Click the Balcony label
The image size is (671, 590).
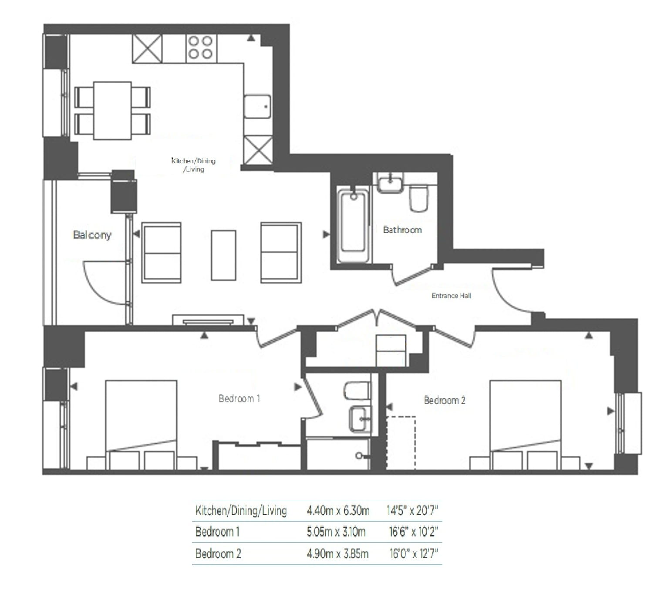(x=92, y=235)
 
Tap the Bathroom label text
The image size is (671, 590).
(x=402, y=229)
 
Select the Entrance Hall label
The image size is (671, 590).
(x=451, y=296)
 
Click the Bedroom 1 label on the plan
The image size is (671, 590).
(x=239, y=398)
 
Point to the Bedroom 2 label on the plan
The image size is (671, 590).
(x=445, y=400)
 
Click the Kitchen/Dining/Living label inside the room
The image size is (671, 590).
(x=194, y=165)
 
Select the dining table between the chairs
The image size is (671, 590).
(x=112, y=111)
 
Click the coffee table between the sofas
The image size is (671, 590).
(x=223, y=255)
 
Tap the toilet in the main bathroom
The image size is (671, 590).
(x=419, y=199)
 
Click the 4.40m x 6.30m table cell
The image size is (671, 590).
(x=338, y=510)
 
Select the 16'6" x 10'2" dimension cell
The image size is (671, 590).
(x=413, y=532)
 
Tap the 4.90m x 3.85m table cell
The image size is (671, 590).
(x=338, y=553)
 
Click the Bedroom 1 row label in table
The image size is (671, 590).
(x=217, y=532)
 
